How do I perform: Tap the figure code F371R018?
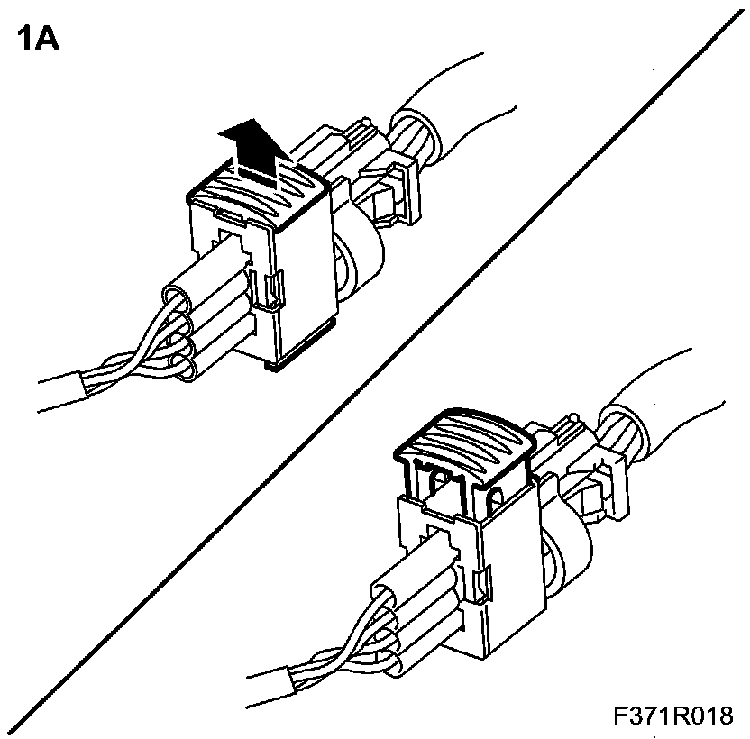(672, 716)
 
